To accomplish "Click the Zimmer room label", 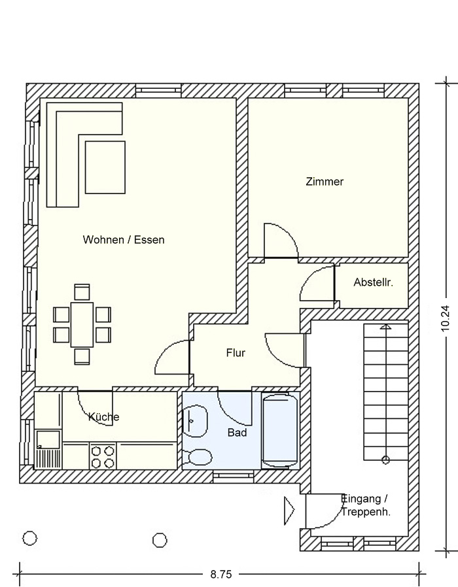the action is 325,182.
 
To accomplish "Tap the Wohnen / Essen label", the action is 124,240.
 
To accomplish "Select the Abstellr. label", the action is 374,282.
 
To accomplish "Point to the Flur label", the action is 236,352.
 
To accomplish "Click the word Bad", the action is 238,433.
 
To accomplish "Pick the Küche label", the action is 104,416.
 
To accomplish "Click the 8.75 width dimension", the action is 221,574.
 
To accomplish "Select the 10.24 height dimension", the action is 445,318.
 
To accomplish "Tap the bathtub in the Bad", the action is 280,431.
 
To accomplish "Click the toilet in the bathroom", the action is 197,458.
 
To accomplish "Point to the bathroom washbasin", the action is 195,421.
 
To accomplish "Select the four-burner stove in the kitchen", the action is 103,456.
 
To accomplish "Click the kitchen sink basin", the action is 48,439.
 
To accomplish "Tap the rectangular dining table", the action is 82,325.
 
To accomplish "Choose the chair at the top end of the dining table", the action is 82,292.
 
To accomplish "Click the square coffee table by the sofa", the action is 105,167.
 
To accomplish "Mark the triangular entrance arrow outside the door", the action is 289,510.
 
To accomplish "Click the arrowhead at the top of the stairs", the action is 385,327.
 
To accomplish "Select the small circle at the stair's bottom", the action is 385,460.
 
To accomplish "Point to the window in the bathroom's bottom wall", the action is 234,476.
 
